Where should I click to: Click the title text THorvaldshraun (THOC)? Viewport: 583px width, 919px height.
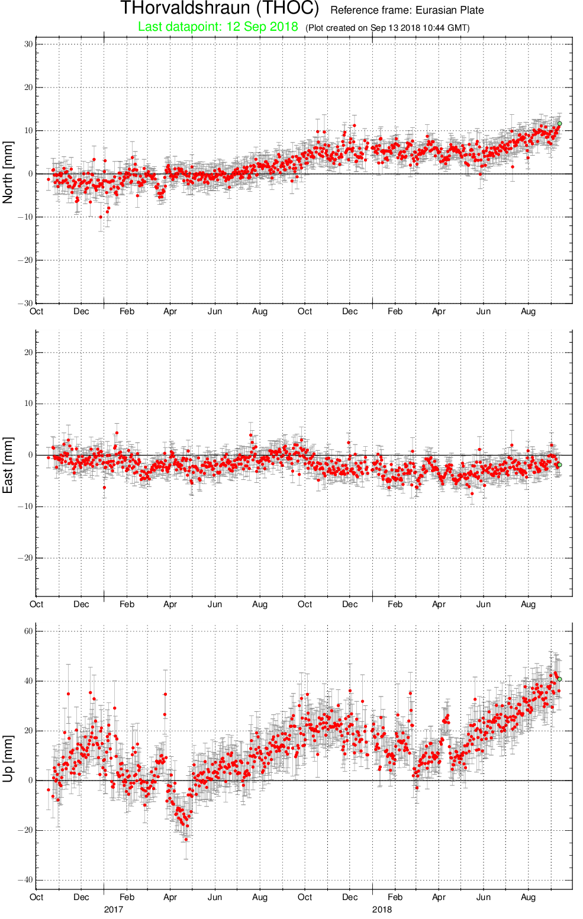coord(220,8)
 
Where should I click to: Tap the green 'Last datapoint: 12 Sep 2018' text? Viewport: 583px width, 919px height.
coord(218,27)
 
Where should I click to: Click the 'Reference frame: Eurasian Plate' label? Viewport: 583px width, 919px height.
coord(407,10)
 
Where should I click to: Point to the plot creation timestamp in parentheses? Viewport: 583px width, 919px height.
coord(387,28)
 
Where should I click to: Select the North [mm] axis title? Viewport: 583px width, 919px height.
coord(8,172)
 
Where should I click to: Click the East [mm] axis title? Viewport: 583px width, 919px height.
coord(8,465)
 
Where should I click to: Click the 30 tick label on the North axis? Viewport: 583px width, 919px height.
coord(28,44)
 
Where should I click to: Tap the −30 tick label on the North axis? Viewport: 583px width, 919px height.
coord(25,303)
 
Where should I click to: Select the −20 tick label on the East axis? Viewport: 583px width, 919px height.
coord(25,558)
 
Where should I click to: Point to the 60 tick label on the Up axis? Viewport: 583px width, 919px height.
coord(28,631)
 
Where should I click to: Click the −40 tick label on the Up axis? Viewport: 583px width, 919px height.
coord(25,880)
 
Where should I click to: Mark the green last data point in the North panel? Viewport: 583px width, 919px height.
coord(559,124)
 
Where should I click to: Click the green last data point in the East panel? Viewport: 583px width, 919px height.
coord(559,465)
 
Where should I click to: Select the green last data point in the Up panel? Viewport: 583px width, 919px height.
coord(559,679)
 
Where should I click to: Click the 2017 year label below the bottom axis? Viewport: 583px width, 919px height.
coord(114,910)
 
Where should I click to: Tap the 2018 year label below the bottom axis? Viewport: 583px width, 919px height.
coord(382,910)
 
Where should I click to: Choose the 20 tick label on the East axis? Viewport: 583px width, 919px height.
coord(28,353)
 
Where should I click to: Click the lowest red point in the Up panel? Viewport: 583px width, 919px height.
coord(186,840)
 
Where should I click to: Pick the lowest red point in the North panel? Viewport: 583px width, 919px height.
coord(101,217)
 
